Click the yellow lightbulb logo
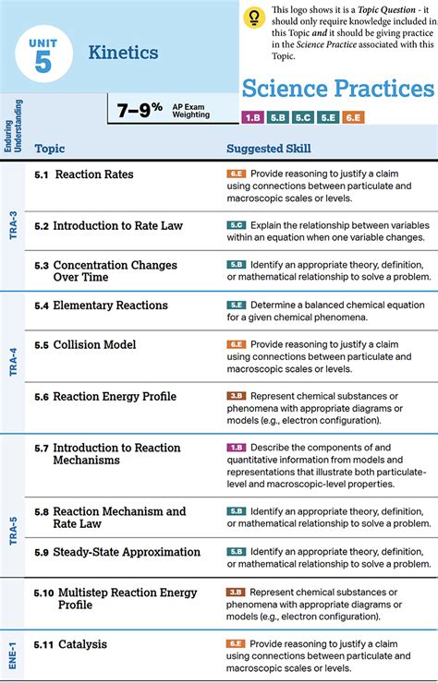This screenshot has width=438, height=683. pyautogui.click(x=254, y=18)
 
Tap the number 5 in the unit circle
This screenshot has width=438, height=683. pyautogui.click(x=43, y=62)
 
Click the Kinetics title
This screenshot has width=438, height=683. pyautogui.click(x=124, y=53)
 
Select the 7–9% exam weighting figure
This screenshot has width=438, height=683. pyautogui.click(x=140, y=110)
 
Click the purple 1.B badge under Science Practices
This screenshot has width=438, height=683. pyautogui.click(x=252, y=117)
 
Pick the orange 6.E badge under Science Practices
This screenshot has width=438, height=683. pyautogui.click(x=353, y=117)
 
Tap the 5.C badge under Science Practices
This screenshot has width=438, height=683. pyautogui.click(x=303, y=117)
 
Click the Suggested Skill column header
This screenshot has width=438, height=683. pyautogui.click(x=269, y=149)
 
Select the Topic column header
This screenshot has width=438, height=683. pyautogui.click(x=50, y=149)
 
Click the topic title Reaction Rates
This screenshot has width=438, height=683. pyautogui.click(x=94, y=174)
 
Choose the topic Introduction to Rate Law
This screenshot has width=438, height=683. pyautogui.click(x=117, y=225)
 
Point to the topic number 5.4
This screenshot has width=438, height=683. pyautogui.click(x=42, y=306)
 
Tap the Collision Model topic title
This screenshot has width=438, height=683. pyautogui.click(x=94, y=344)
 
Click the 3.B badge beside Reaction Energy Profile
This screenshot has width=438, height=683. pyautogui.click(x=237, y=396)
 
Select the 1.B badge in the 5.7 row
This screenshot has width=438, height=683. pyautogui.click(x=237, y=448)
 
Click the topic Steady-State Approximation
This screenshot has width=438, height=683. pyautogui.click(x=127, y=552)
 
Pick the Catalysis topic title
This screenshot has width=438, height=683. pyautogui.click(x=82, y=644)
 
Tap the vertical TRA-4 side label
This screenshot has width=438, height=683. pyautogui.click(x=14, y=362)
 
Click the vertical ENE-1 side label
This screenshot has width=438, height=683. pyautogui.click(x=12, y=653)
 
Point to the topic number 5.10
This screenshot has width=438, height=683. pyautogui.click(x=44, y=593)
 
